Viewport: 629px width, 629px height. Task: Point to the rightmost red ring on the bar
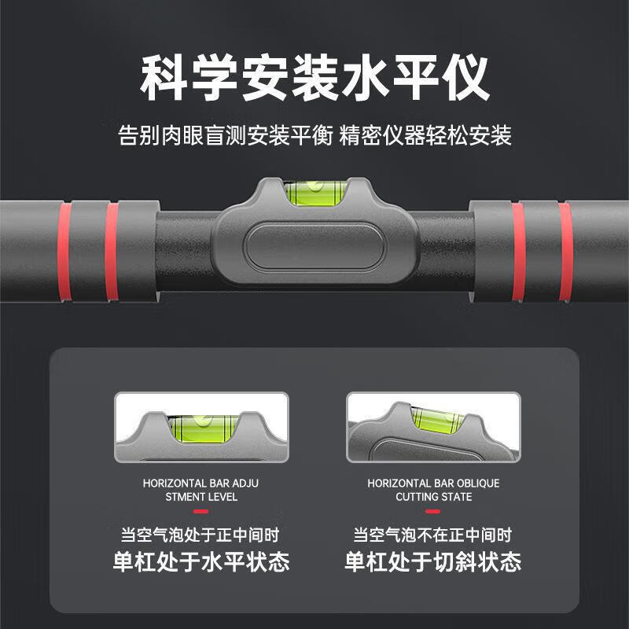[565, 252]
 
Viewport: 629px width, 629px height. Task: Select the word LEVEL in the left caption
[222, 497]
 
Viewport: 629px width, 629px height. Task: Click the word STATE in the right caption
[456, 497]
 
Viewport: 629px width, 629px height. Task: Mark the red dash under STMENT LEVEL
[200, 512]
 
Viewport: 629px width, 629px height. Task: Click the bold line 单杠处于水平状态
[200, 562]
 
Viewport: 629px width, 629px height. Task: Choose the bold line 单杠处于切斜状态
[432, 562]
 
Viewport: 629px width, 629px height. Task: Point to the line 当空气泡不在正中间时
[432, 535]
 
